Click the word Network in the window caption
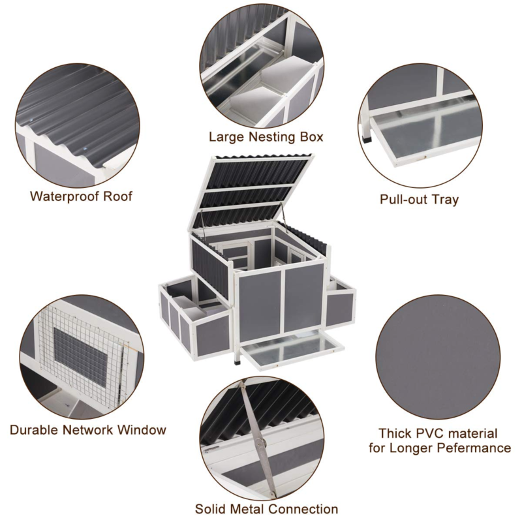pyautogui.click(x=88, y=430)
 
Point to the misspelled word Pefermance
pyautogui.click(x=474, y=448)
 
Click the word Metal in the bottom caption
pyautogui.click(x=248, y=509)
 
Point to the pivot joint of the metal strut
pyautogui.click(x=260, y=442)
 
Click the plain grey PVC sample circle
pyautogui.click(x=438, y=357)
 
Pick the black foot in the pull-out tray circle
pyautogui.click(x=367, y=138)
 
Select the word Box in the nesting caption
pyautogui.click(x=311, y=137)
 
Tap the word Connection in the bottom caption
pyautogui.click(x=303, y=509)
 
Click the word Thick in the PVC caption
pyautogui.click(x=395, y=433)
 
